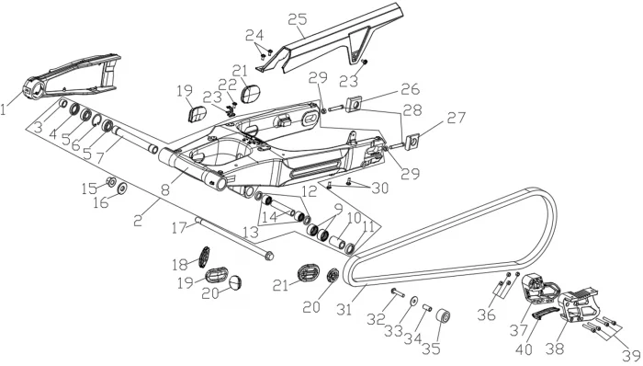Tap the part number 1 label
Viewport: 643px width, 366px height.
(x=4, y=109)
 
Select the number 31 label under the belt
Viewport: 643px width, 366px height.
(x=344, y=309)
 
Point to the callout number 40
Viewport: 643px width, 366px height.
(x=524, y=349)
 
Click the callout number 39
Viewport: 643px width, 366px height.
(x=633, y=355)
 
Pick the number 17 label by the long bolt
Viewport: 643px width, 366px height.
(x=179, y=227)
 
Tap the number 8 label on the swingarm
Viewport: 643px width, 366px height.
(x=165, y=190)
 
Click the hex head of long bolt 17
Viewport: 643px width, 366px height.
(x=268, y=256)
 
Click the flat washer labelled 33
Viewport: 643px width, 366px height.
(x=413, y=301)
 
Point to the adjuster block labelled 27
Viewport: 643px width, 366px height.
(x=412, y=141)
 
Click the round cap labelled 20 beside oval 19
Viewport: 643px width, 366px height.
(x=235, y=282)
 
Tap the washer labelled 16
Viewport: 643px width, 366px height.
(x=122, y=189)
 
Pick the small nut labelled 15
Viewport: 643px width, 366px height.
(x=110, y=181)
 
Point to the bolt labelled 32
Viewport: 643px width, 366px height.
(x=398, y=293)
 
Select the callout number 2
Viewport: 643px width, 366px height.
(x=138, y=221)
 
